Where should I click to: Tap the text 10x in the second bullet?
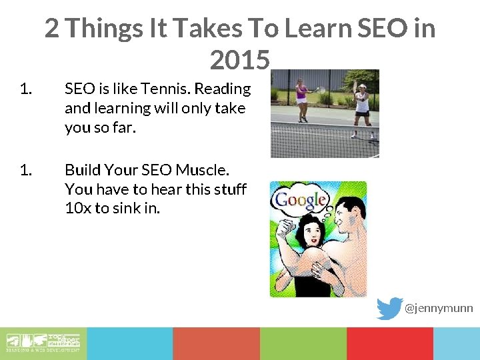coord(78,207)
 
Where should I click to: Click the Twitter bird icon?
coord(389,308)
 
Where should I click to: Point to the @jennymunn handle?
coord(439,308)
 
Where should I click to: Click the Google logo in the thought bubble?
coord(301,199)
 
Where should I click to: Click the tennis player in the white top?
coord(361,105)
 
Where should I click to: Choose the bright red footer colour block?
coord(389,343)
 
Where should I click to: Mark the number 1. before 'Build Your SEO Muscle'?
coord(26,170)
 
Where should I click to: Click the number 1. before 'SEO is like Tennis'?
coord(26,89)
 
